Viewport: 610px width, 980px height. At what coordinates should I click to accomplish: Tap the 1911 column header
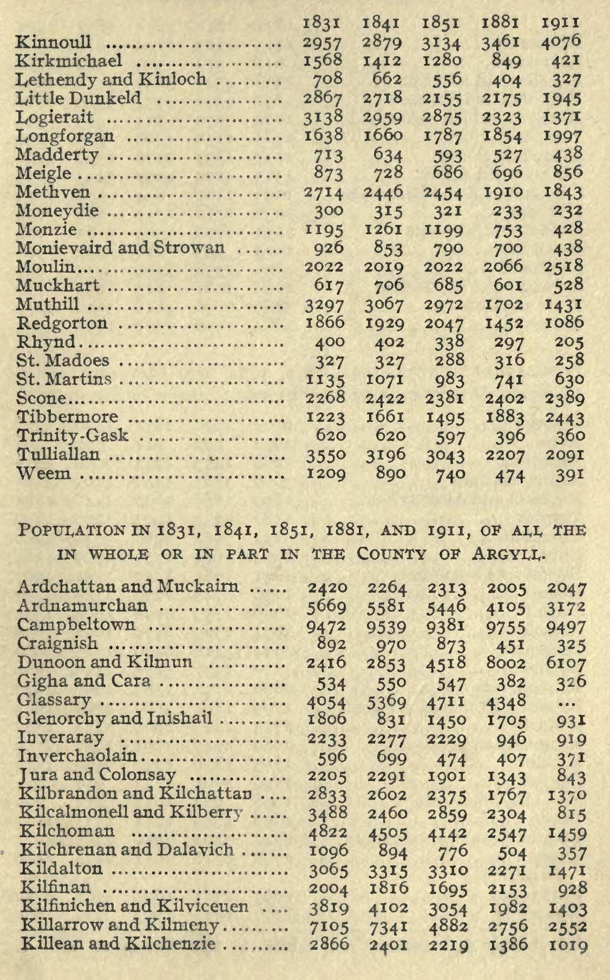pyautogui.click(x=563, y=23)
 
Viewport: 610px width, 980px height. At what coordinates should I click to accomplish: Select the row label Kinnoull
pyautogui.click(x=54, y=42)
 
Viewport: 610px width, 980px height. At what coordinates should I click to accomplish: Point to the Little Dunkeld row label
pyautogui.click(x=79, y=98)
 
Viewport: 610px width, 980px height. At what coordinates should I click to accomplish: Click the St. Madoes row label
pyautogui.click(x=63, y=361)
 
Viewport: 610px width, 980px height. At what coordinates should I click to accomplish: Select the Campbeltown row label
pyautogui.click(x=76, y=625)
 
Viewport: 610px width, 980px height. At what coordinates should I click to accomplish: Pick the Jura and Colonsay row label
pyautogui.click(x=97, y=775)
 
